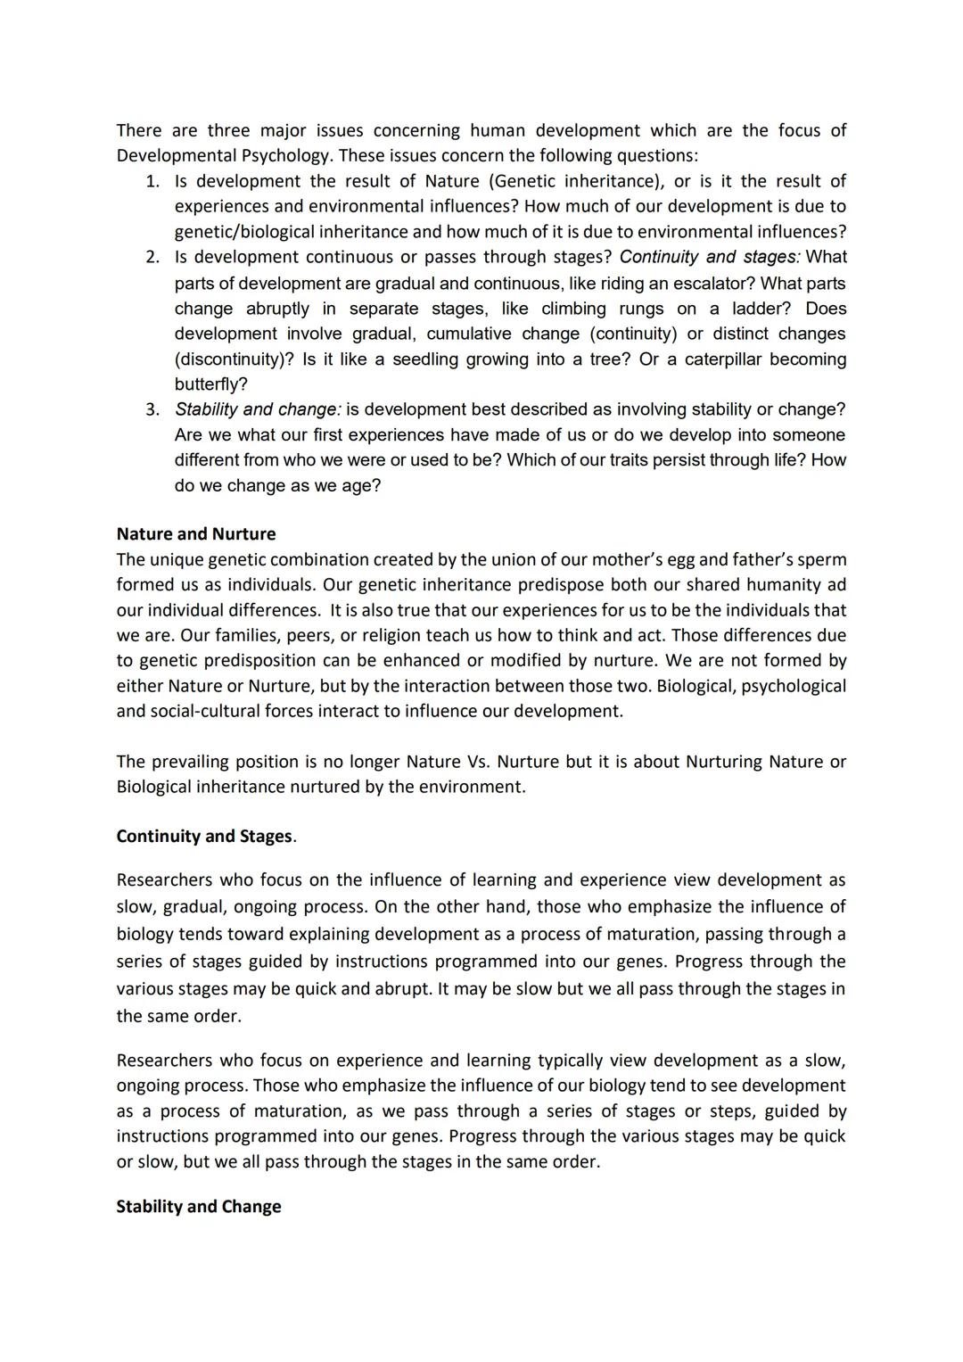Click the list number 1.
click(x=152, y=182)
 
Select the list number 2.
click(x=152, y=258)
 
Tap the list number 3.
click(x=152, y=410)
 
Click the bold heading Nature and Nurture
click(x=196, y=534)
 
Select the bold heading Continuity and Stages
click(x=204, y=837)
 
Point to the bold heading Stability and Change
click(x=199, y=1207)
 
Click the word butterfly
click(x=210, y=384)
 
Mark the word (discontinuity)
click(x=234, y=359)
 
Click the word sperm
click(x=821, y=560)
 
